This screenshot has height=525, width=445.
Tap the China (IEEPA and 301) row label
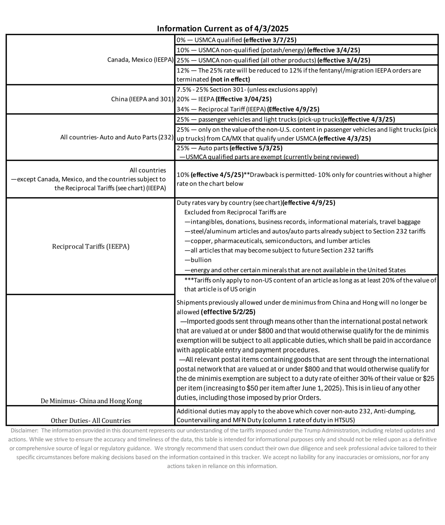click(x=142, y=99)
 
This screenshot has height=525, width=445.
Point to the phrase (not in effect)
click(x=230, y=79)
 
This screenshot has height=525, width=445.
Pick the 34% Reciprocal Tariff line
click(x=248, y=109)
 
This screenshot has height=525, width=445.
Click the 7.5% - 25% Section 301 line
click(x=247, y=90)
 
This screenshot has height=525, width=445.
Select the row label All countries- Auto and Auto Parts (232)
click(x=117, y=137)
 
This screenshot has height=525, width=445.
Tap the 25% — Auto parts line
click(x=229, y=148)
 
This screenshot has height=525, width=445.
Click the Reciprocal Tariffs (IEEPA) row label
click(x=91, y=247)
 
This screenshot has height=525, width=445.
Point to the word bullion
click(x=201, y=260)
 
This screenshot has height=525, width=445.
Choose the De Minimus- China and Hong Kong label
click(x=91, y=401)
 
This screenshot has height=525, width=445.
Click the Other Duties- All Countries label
click(x=91, y=421)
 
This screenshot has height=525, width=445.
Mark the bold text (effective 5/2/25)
click(x=228, y=312)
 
